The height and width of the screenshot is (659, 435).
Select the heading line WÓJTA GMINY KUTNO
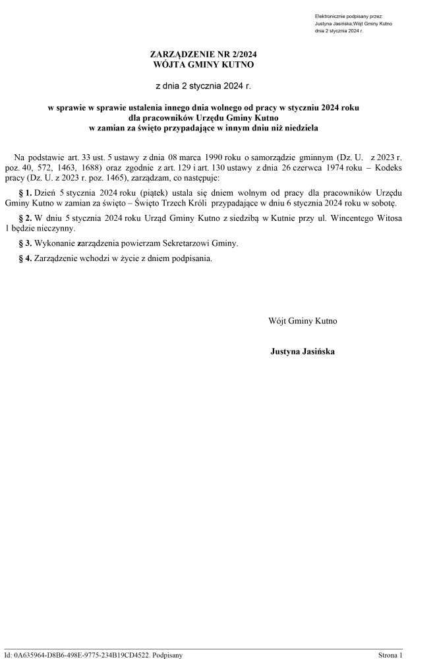[202, 65]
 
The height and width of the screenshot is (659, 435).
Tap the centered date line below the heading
[202, 86]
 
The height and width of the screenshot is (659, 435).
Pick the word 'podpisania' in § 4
[194, 258]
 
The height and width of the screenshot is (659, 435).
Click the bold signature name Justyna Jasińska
[302, 352]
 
